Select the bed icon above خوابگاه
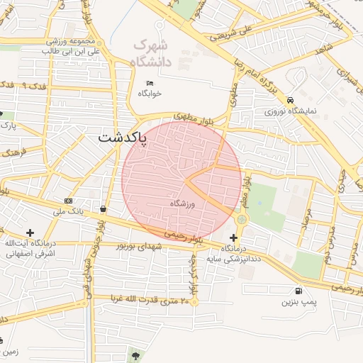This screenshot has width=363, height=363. [x=150, y=83]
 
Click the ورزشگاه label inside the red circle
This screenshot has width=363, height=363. [x=182, y=203]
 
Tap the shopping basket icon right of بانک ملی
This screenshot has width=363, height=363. [x=105, y=208]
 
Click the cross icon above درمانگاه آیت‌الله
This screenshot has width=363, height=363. [x=30, y=233]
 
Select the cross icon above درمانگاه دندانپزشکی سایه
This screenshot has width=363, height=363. [x=234, y=238]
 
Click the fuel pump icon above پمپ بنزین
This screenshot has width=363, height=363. [x=297, y=290]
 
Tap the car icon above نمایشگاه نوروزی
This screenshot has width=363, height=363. [x=291, y=100]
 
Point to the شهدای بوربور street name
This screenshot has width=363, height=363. [x=139, y=245]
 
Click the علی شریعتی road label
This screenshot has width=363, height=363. [x=236, y=32]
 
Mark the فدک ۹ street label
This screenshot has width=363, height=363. [x=34, y=86]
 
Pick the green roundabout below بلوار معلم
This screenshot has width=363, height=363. [x=242, y=220]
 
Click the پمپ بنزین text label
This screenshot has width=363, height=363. [x=297, y=303]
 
